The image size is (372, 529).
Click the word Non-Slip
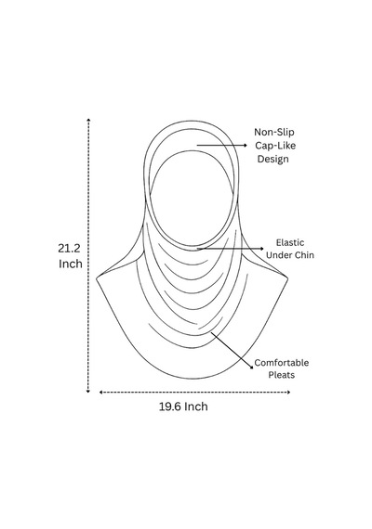tap(274, 132)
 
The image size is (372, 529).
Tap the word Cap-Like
tap(275, 146)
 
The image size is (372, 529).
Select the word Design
tap(273, 160)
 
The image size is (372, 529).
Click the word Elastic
tap(290, 242)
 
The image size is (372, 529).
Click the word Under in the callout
tap(279, 254)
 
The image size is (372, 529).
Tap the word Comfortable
tap(282, 363)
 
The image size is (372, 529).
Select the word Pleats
tap(282, 375)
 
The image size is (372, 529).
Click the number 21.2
tap(70, 249)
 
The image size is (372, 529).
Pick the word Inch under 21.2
tap(71, 264)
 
